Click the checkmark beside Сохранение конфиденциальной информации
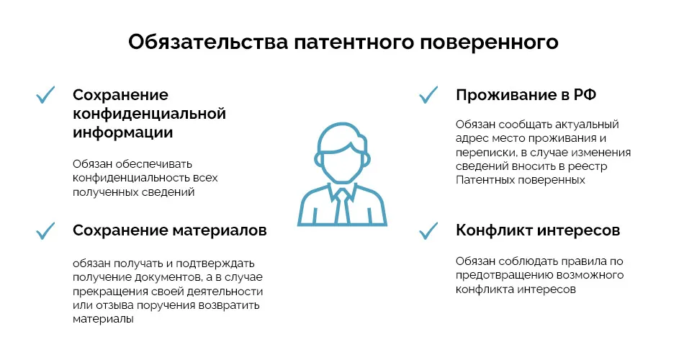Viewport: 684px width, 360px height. [46, 95]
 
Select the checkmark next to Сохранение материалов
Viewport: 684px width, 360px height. [46, 230]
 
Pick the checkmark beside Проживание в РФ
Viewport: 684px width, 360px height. [429, 95]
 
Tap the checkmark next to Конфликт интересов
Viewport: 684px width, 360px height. [429, 230]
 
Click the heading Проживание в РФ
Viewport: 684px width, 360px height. [526, 96]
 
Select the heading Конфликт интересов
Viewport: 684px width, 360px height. [538, 230]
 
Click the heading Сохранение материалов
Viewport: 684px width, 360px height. [170, 230]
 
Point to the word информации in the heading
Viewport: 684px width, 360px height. [122, 132]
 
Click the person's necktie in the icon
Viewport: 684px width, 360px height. [341, 205]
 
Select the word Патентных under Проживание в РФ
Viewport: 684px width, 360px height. [486, 180]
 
